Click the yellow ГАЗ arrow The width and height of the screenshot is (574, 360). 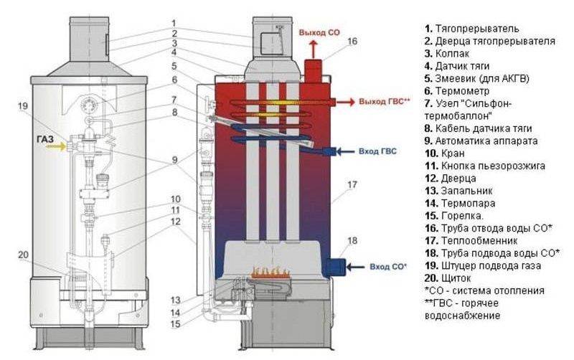(x=53, y=146)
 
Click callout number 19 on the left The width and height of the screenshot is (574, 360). (x=23, y=107)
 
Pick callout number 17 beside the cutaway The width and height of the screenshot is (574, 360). (x=351, y=186)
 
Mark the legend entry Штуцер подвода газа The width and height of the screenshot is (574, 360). (x=481, y=265)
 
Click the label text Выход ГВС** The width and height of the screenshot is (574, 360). (x=385, y=102)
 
